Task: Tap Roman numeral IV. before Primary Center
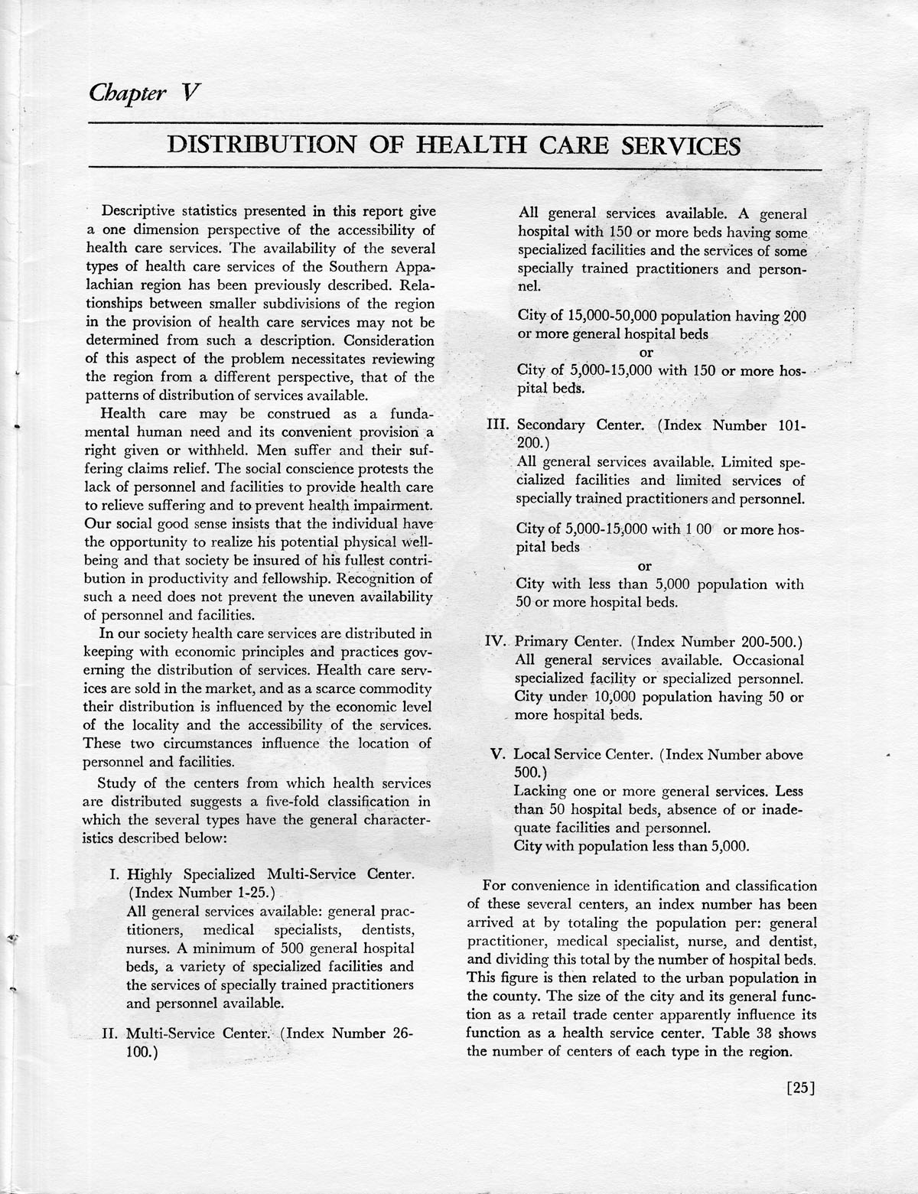pos(498,641)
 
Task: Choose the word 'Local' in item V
pos(535,754)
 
